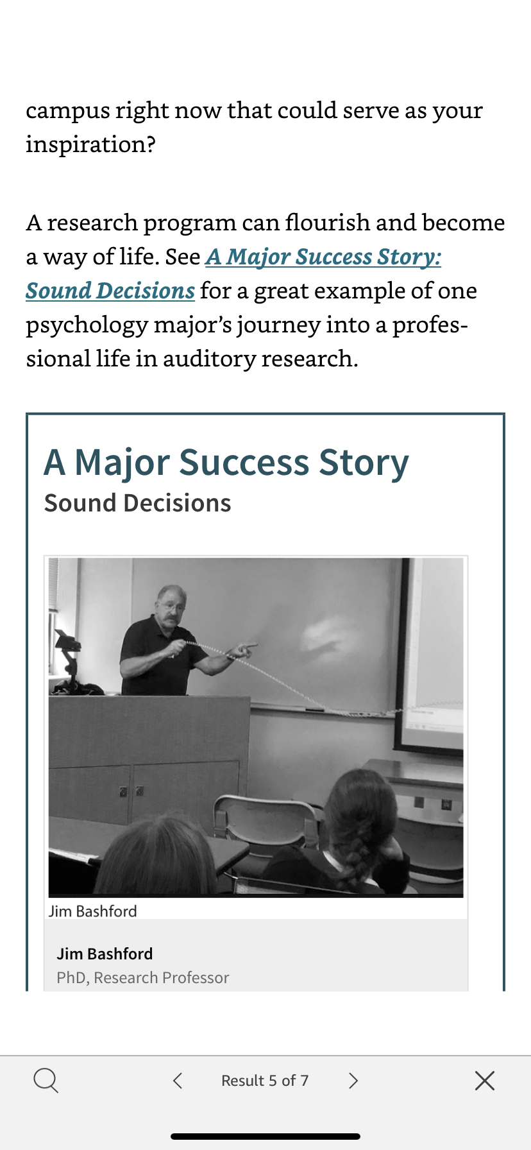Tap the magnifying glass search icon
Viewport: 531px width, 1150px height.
[x=46, y=1081]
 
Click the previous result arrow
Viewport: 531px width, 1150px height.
[x=178, y=1081]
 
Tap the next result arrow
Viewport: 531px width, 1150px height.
[x=353, y=1081]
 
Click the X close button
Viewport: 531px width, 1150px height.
[x=485, y=1081]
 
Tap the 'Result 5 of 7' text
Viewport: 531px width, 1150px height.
[x=265, y=1081]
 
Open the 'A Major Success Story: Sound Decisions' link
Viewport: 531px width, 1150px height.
[x=233, y=273]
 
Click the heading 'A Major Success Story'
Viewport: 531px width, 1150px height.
[x=226, y=463]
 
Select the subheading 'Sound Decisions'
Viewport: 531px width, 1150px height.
[x=137, y=503]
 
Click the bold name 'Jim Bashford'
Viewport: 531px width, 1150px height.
[x=105, y=954]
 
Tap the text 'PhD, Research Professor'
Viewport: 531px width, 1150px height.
[x=142, y=977]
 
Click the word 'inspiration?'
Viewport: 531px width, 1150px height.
[x=90, y=144]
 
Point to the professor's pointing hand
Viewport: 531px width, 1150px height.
[x=243, y=651]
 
